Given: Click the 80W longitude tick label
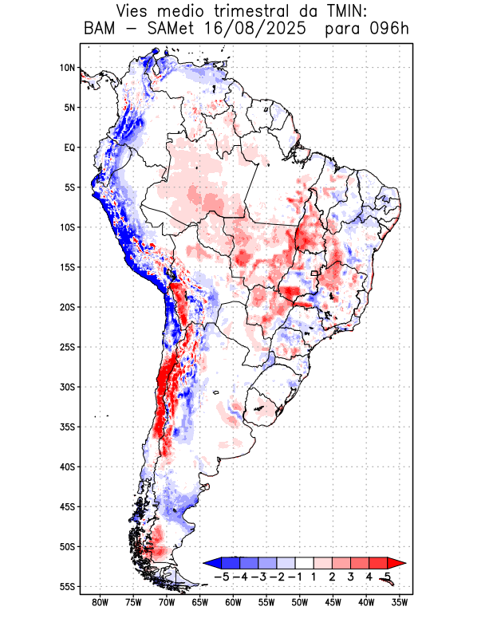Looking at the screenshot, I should (x=101, y=602).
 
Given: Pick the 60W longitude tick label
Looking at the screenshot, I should (x=234, y=602).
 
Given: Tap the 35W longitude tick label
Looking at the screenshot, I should (x=400, y=602).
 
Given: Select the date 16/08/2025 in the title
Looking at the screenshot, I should (x=261, y=30).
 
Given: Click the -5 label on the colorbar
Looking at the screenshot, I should (x=222, y=577).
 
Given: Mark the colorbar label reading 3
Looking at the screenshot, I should (x=351, y=577).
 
